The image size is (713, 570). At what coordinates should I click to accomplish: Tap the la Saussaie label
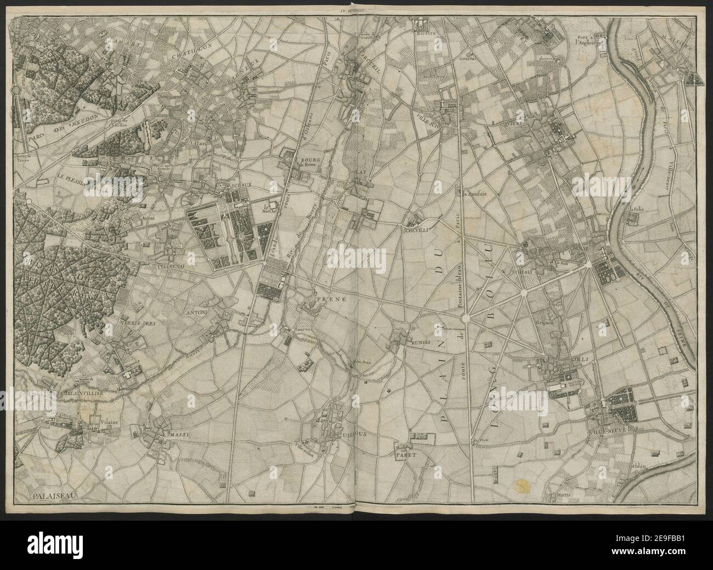coord(471,194)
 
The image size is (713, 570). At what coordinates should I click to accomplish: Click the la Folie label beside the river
coord(636,208)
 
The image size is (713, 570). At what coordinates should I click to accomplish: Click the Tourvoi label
coord(303,323)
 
